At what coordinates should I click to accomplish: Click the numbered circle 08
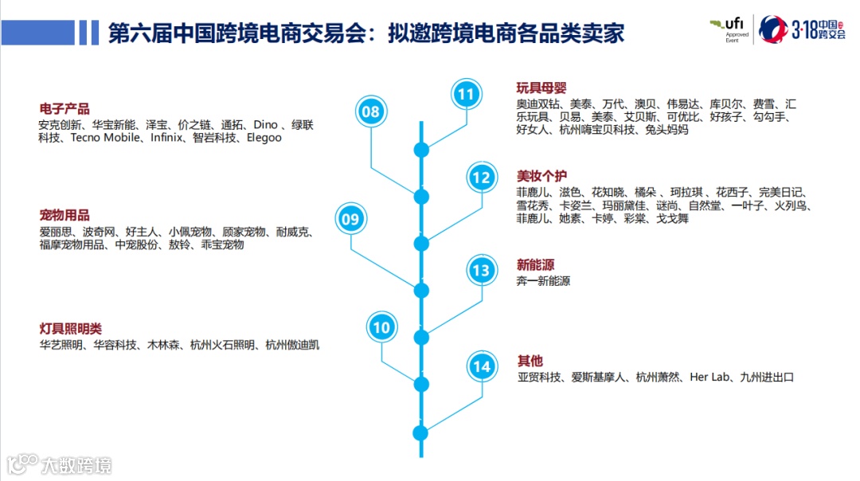tap(370, 111)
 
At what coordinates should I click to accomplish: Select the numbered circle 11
tap(466, 95)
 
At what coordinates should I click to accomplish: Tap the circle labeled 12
tap(481, 178)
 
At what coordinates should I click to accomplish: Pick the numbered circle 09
tap(350, 218)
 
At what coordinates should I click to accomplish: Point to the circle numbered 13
tap(481, 271)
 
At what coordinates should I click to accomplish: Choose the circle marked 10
tap(382, 327)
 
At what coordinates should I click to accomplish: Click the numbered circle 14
tap(481, 366)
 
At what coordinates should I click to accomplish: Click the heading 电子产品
tap(64, 109)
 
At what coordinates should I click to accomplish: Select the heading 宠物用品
tap(64, 215)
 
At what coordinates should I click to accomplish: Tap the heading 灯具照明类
tap(71, 328)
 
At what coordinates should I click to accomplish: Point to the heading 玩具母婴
tap(541, 88)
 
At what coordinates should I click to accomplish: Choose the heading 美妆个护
tap(541, 176)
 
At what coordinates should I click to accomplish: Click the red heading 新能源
tap(535, 264)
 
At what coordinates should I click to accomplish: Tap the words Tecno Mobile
tap(104, 138)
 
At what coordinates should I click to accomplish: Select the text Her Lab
tap(709, 377)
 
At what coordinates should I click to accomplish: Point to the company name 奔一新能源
tap(543, 281)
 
